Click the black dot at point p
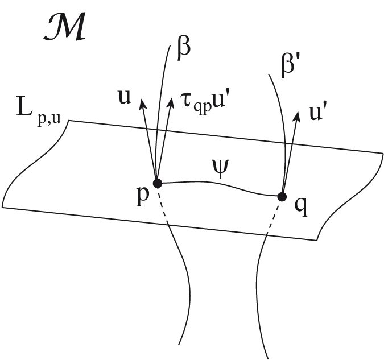tap(158, 183)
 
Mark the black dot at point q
tap(281, 197)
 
